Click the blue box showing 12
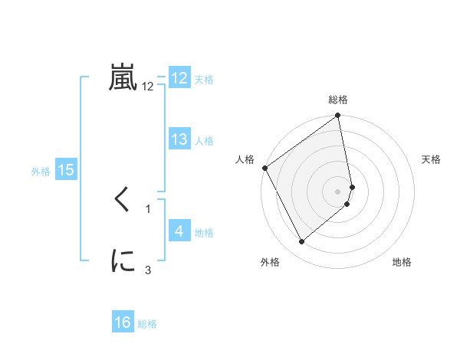(179, 78)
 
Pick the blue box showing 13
(179, 139)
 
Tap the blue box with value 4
(179, 231)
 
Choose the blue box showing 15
(66, 170)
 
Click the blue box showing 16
(123, 323)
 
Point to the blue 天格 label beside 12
(204, 79)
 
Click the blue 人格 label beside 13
(204, 140)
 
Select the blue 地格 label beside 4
(204, 232)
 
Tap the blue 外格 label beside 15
(41, 172)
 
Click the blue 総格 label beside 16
(147, 324)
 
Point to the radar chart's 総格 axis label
(338, 100)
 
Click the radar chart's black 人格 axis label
(245, 159)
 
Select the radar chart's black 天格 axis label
(431, 159)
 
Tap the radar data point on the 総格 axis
(338, 116)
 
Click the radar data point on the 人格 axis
(265, 168)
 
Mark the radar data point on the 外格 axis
(301, 242)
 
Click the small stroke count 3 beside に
(148, 269)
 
